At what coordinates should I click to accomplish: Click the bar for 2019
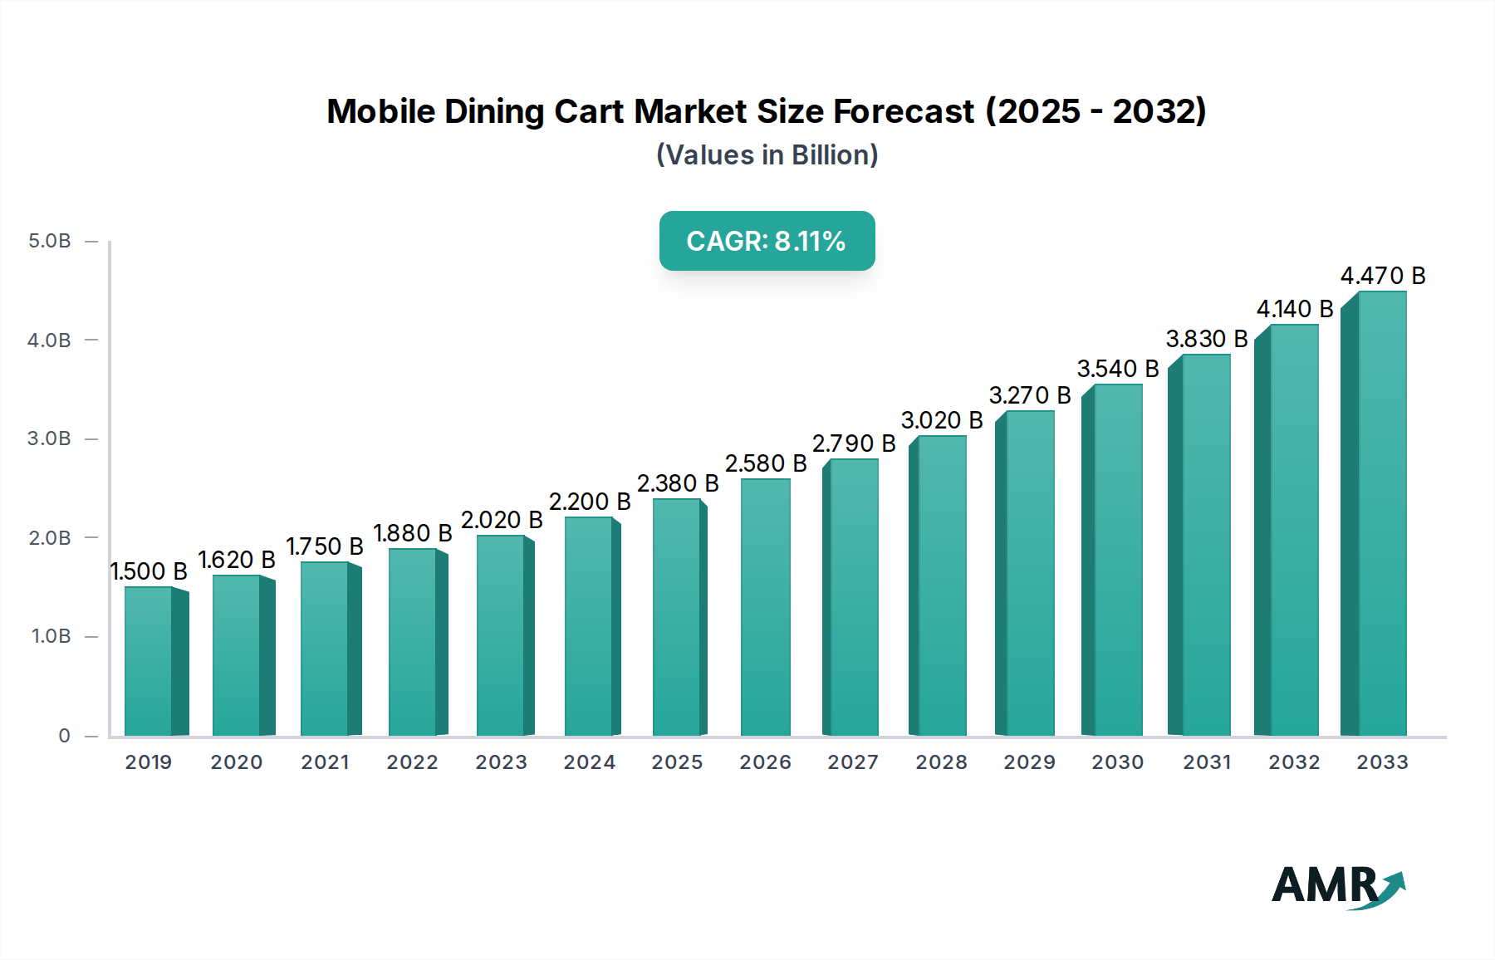tap(149, 661)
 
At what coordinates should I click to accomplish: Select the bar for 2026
tap(765, 607)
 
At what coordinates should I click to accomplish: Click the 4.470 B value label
tap(1382, 276)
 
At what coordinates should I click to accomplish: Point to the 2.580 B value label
tap(765, 463)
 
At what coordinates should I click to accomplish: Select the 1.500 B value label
tap(149, 571)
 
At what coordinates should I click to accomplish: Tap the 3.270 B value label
tap(1029, 395)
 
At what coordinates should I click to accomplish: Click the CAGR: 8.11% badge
tap(767, 241)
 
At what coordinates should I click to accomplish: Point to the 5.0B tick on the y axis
tap(50, 242)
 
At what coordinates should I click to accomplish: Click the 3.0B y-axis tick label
tap(50, 438)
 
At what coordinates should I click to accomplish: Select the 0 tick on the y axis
tap(64, 736)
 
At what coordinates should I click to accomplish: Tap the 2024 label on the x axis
tap(589, 762)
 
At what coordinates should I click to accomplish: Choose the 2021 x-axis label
tap(325, 762)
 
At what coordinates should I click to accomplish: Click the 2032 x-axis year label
tap(1293, 762)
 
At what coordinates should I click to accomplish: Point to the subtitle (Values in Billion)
tap(767, 155)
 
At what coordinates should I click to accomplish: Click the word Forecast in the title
tap(903, 111)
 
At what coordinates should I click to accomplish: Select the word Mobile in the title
tap(380, 111)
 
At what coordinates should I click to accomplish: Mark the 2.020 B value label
tap(501, 520)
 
